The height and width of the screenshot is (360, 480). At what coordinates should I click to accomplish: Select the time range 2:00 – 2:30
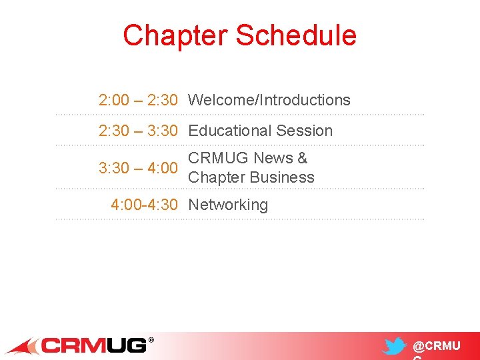tap(138, 101)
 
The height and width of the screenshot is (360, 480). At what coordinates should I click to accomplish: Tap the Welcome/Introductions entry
tap(269, 101)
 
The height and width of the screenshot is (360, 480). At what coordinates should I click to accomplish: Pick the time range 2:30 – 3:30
tap(138, 131)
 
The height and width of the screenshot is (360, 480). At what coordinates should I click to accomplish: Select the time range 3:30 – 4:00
tap(138, 169)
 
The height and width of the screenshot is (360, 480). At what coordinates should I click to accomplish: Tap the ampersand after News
tap(302, 159)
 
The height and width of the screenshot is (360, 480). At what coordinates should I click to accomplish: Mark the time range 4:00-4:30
tap(144, 205)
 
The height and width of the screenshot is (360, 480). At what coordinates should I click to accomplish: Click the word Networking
tap(228, 205)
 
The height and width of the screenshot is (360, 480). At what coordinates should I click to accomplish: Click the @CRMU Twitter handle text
tap(437, 347)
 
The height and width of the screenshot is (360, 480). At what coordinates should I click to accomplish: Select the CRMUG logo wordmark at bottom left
tap(94, 346)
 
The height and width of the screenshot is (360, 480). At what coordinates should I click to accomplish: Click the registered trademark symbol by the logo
tap(151, 340)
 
